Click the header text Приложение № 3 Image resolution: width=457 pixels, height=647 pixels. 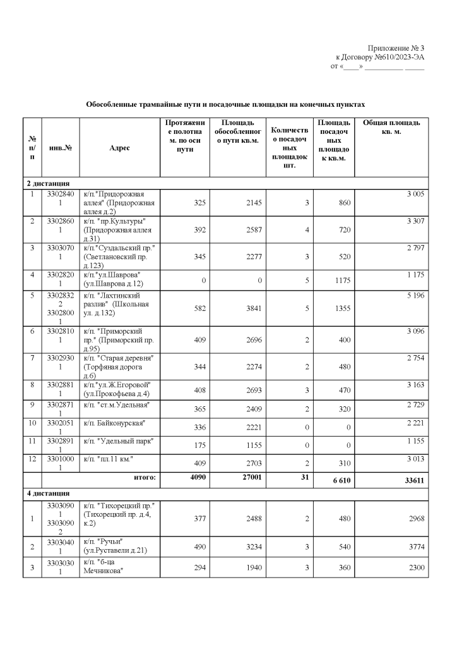tap(396, 49)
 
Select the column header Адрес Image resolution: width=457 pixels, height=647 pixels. tap(119, 148)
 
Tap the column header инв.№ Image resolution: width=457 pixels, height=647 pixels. tap(60, 148)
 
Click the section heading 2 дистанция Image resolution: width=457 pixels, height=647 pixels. tap(48, 183)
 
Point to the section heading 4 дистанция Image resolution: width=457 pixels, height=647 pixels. tap(48, 493)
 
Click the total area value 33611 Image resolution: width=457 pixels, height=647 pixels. tap(414, 481)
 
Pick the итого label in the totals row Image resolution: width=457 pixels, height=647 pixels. tap(145, 478)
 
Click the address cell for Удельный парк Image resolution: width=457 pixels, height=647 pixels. tap(119, 440)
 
